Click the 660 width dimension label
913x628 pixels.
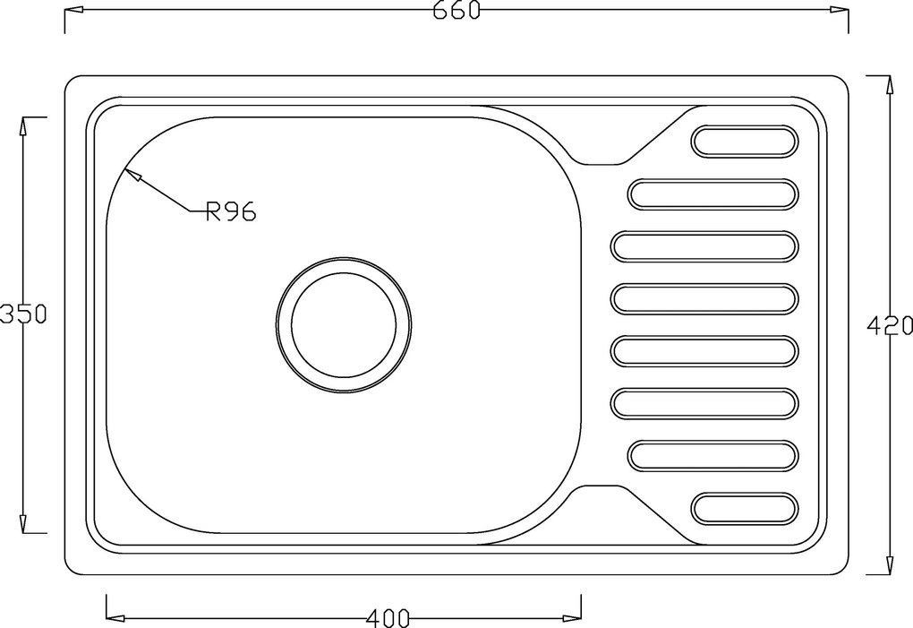click(456, 10)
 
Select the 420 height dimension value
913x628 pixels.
click(890, 326)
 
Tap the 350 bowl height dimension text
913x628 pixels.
click(22, 314)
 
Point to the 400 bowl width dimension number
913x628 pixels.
click(388, 617)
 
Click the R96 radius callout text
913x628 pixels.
click(231, 211)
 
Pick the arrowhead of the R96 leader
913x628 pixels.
click(132, 174)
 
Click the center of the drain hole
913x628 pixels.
click(344, 324)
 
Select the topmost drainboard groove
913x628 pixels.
click(746, 141)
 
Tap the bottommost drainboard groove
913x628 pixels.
click(746, 508)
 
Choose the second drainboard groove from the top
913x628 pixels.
click(712, 194)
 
